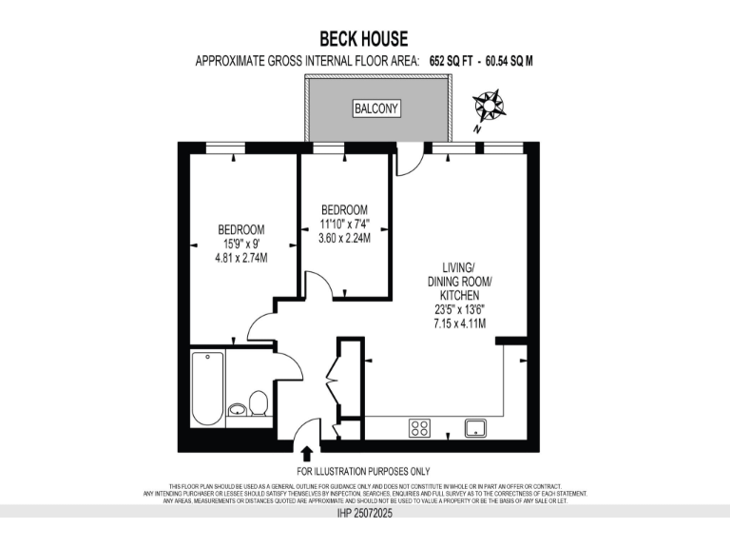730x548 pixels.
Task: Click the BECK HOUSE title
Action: click(364, 39)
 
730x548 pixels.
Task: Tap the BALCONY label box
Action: click(376, 109)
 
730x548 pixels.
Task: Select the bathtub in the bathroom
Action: click(207, 389)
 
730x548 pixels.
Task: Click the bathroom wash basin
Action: click(238, 410)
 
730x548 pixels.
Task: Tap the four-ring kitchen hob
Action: click(420, 427)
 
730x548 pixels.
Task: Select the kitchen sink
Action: click(476, 427)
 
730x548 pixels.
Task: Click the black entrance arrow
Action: click(307, 455)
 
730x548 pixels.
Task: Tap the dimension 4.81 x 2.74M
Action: click(241, 257)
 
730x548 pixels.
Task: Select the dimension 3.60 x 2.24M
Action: click(343, 238)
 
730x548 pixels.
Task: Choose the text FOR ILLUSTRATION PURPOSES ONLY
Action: click(363, 471)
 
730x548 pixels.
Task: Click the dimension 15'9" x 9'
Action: click(241, 244)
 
